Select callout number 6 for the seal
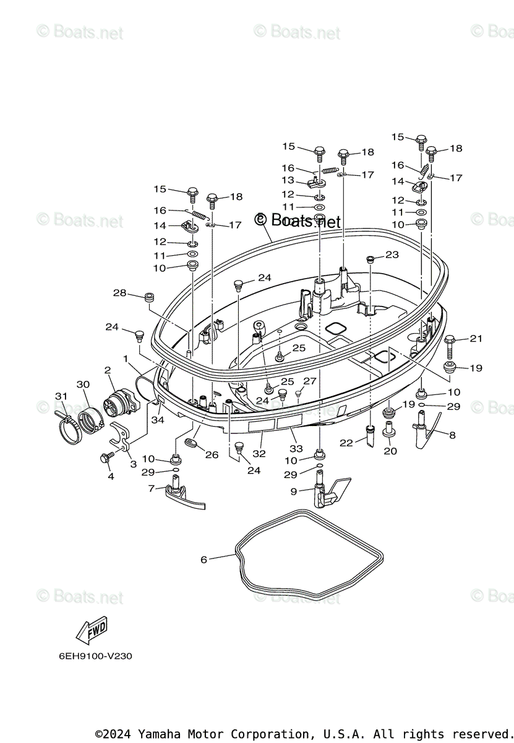pos(204,560)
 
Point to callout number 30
pos(83,385)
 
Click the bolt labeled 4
pos(105,458)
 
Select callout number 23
pos(392,254)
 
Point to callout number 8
pos(452,435)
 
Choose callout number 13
pos(288,180)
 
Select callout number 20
pos(390,451)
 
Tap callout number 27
pos(309,381)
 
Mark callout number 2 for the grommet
pos(108,370)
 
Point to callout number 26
pos(212,455)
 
